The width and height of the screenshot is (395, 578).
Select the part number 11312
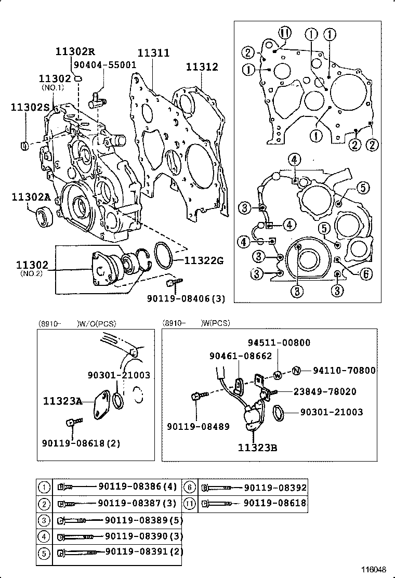[x=202, y=67]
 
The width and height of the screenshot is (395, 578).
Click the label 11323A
[x=62, y=401]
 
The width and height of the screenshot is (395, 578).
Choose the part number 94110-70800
[x=344, y=370]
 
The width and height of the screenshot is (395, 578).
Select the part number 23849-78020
[x=325, y=391]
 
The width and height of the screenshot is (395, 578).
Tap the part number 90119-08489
[x=197, y=426]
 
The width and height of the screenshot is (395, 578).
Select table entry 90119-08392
[x=275, y=488]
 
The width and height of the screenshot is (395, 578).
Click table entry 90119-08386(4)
[x=138, y=488]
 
